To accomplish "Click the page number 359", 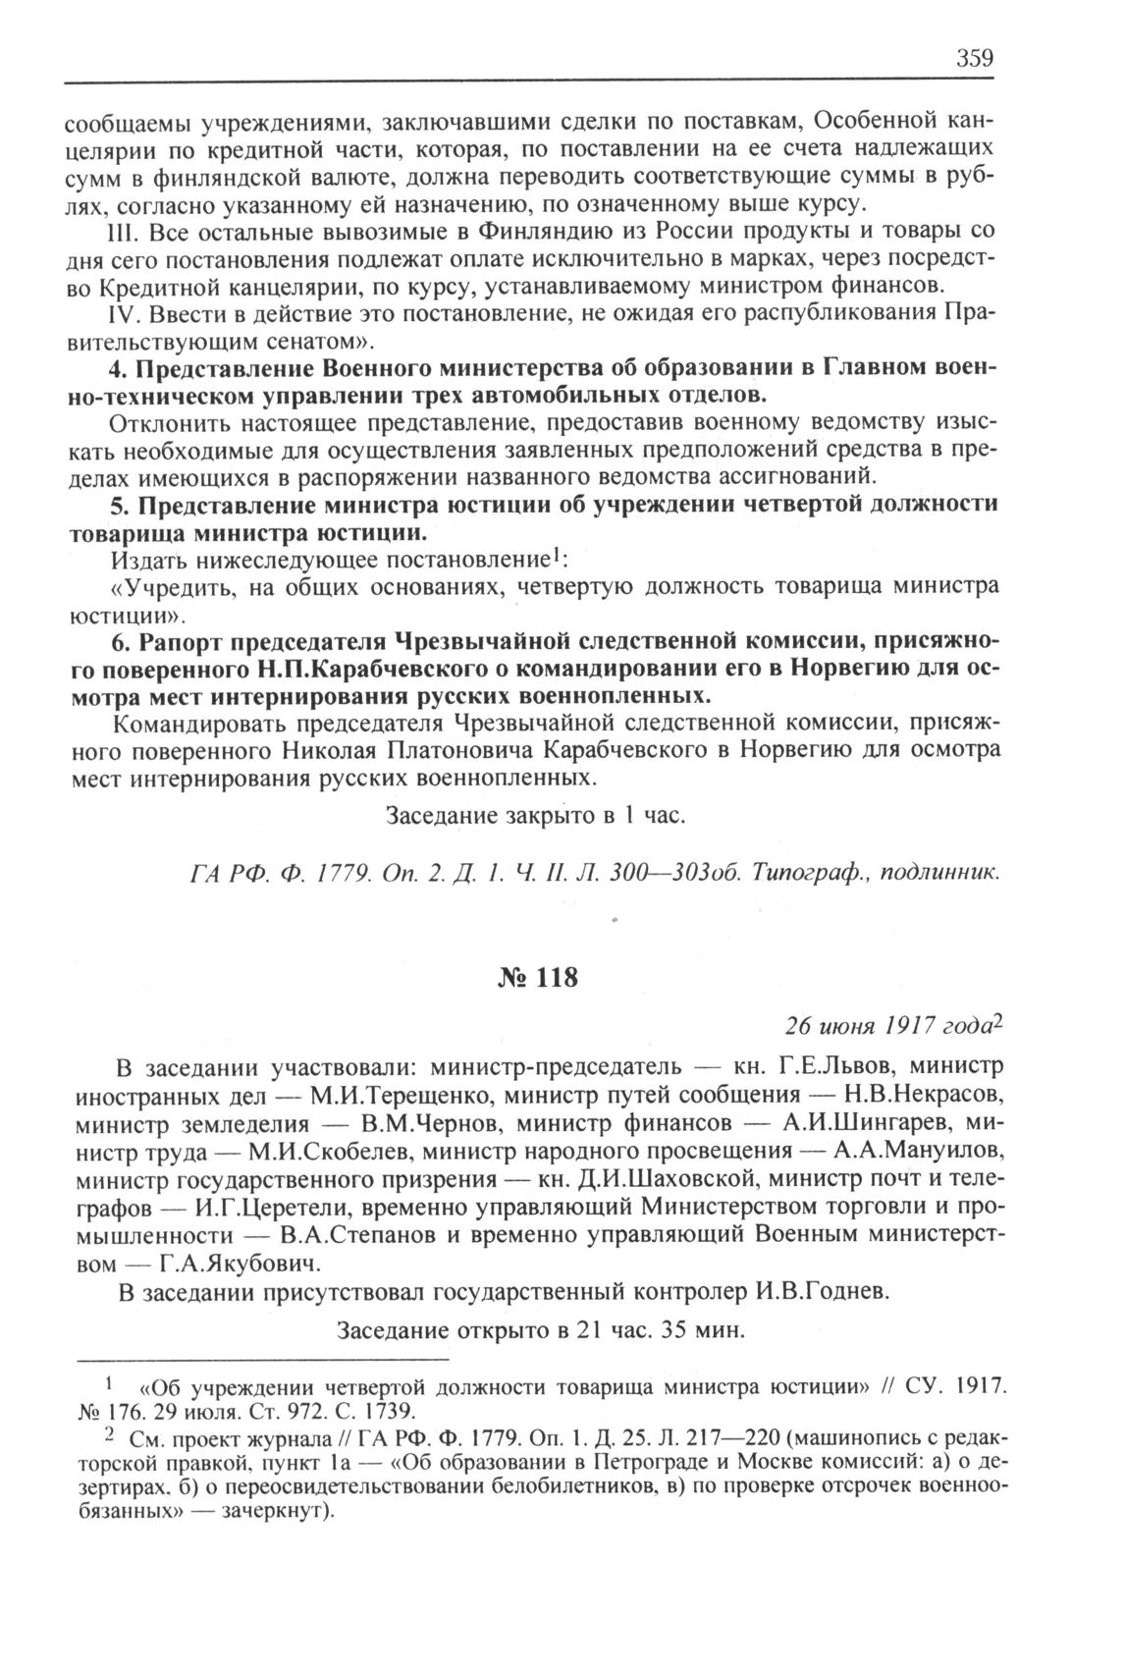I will coord(975,57).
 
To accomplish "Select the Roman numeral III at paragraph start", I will coord(119,233).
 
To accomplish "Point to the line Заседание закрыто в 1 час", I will coord(534,815).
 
